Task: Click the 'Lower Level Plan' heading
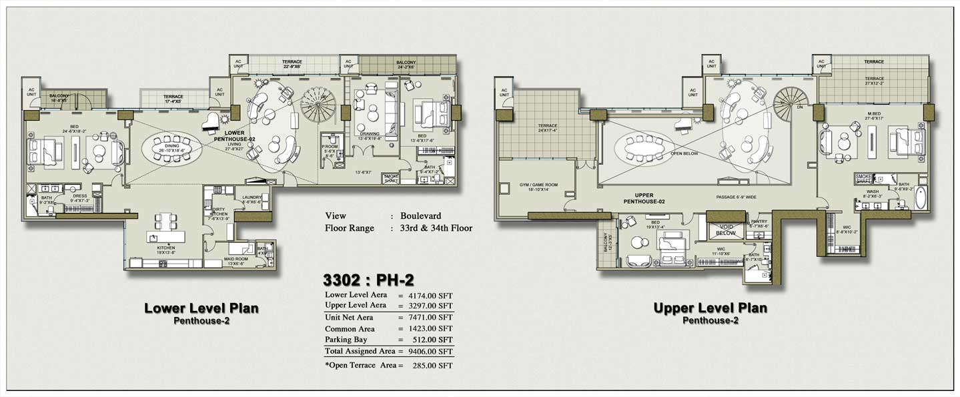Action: [201, 308]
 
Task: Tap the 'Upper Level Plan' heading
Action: [710, 308]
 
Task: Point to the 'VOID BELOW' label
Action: [725, 230]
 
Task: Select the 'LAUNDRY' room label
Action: [253, 197]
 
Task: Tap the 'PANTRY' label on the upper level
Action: [759, 222]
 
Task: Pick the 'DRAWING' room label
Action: [369, 133]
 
